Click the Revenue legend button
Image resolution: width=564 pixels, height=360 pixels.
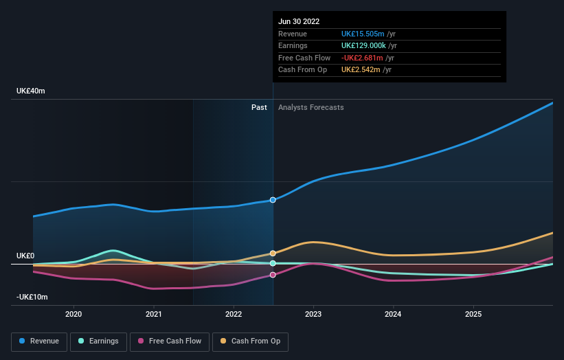(39, 341)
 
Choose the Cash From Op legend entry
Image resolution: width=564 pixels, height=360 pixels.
(250, 341)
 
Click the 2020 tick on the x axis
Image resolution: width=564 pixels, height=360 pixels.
(74, 314)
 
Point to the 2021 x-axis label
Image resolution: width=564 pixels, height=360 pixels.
(154, 314)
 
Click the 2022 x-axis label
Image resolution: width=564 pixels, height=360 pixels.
(234, 314)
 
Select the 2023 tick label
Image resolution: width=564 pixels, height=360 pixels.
(313, 314)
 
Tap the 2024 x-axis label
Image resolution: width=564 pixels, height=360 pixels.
(393, 314)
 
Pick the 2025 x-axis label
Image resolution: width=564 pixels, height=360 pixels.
(473, 314)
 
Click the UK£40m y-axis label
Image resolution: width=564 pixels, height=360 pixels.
(30, 91)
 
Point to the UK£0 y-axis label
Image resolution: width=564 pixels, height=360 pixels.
(25, 256)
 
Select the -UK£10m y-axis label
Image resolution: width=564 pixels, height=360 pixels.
(32, 297)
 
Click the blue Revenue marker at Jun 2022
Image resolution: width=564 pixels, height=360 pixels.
(273, 200)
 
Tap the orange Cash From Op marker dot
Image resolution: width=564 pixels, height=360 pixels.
(273, 254)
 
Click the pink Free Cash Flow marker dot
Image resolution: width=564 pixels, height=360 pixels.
(273, 275)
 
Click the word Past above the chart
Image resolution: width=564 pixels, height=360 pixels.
(259, 107)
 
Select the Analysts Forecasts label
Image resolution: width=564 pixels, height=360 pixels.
(311, 107)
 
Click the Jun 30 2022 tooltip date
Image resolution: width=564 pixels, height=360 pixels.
(299, 22)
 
